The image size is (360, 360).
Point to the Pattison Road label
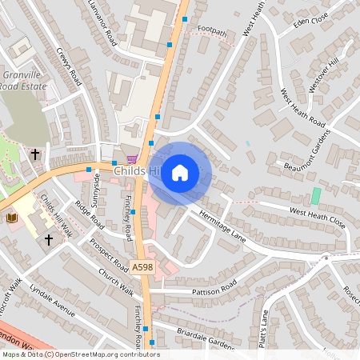[214, 287]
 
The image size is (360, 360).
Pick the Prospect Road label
[109, 253]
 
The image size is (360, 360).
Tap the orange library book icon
[11, 218]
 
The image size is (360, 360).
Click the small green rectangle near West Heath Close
[315, 195]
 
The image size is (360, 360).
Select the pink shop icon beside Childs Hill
[132, 158]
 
